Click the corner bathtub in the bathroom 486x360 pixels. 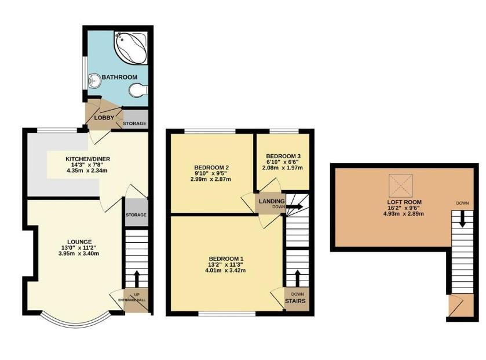pos(131,48)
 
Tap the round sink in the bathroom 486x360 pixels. pos(94,81)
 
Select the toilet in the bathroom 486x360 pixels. pos(138,90)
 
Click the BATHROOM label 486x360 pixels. pos(120,77)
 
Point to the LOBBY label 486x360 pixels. pos(104,118)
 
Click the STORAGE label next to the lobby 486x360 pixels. pos(134,123)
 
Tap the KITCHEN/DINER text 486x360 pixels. pos(87,159)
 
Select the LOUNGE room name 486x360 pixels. pos(79,242)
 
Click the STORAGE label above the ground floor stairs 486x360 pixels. pos(136,215)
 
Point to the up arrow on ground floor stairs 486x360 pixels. pos(136,279)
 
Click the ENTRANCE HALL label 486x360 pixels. pos(131,300)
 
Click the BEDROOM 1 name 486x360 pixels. pos(226,259)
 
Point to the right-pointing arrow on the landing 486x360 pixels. pos(294,206)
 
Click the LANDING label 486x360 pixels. pos(272,202)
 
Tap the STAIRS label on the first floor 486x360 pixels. pos(295,301)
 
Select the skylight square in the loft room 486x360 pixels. pos(401,186)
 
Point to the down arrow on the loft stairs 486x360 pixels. pos(462,219)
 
